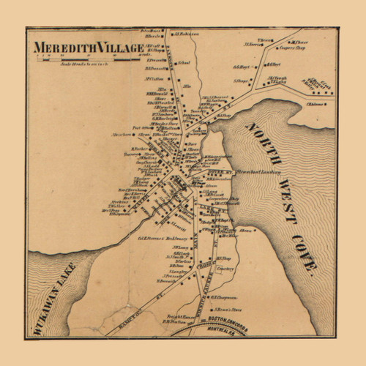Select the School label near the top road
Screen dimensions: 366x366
(x=184, y=64)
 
